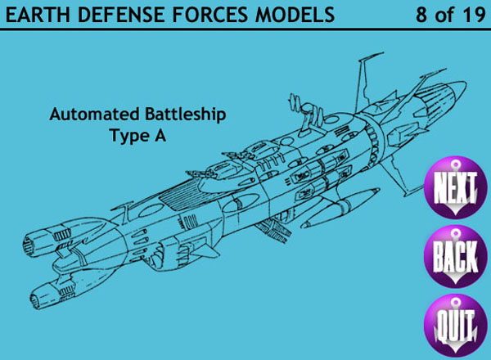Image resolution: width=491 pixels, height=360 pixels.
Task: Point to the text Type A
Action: [137, 137]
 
